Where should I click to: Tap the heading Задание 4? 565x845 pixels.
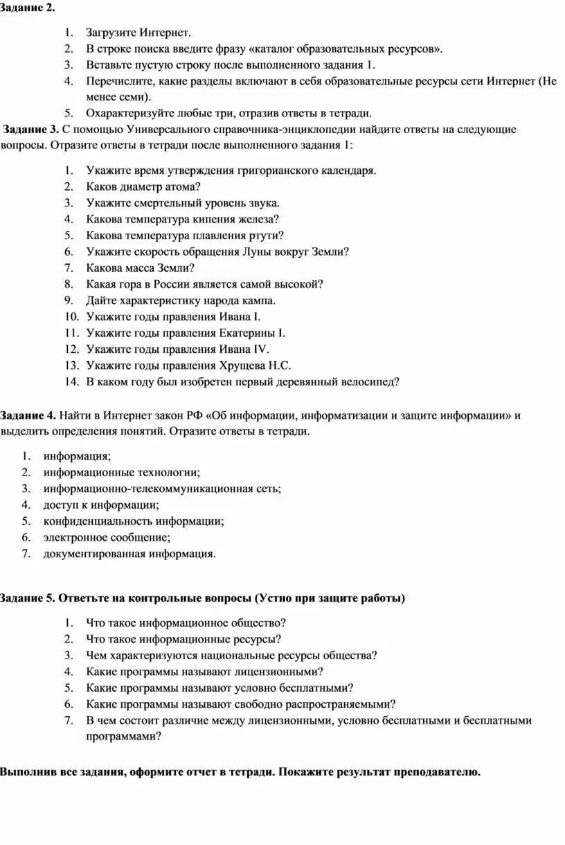[x=28, y=415]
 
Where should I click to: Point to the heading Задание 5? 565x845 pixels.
[x=28, y=598]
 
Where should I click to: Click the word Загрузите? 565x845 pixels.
[x=111, y=33]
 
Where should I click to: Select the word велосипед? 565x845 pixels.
[x=368, y=381]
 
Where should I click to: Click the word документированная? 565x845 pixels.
[x=86, y=553]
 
